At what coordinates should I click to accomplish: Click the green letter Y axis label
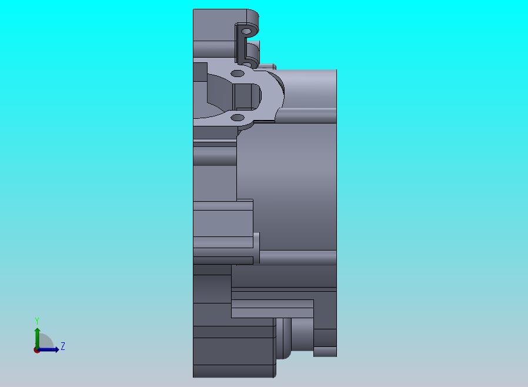[x=37, y=321]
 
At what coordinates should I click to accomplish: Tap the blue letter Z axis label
[x=63, y=346]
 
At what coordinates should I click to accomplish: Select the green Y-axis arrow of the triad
[x=38, y=339]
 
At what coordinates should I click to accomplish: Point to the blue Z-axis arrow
[x=48, y=350]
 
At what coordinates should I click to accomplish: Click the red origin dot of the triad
[x=36, y=351]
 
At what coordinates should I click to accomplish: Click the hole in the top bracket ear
[x=247, y=31]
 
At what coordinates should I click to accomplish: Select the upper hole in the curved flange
[x=238, y=74]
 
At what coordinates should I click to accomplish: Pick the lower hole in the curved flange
[x=238, y=118]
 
